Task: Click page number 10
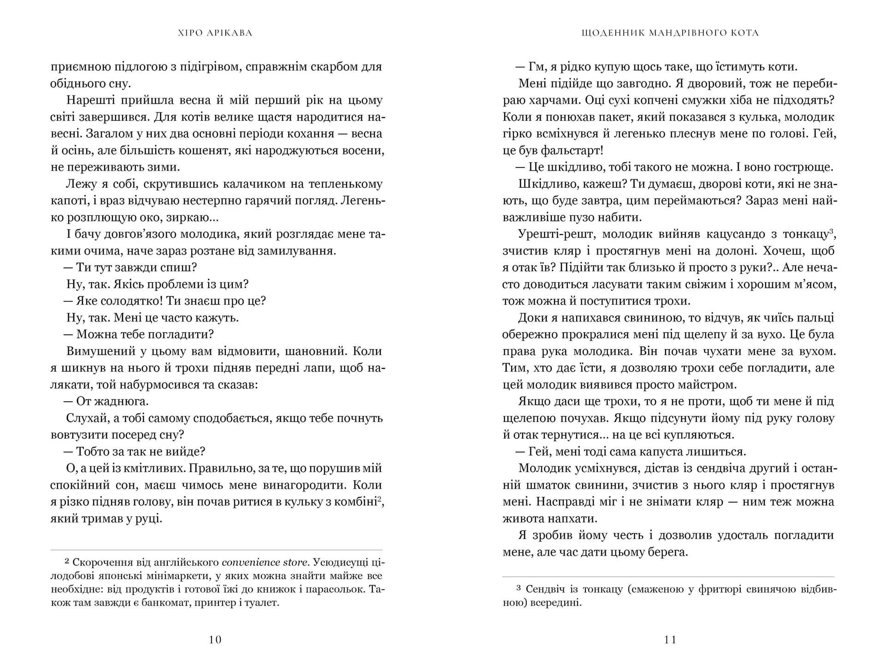click(215, 640)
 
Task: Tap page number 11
click(670, 640)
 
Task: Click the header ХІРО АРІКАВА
click(215, 33)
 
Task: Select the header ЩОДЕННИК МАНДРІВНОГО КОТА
click(670, 33)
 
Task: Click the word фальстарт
click(570, 150)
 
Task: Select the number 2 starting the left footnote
click(67, 561)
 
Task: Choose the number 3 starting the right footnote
click(519, 588)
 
